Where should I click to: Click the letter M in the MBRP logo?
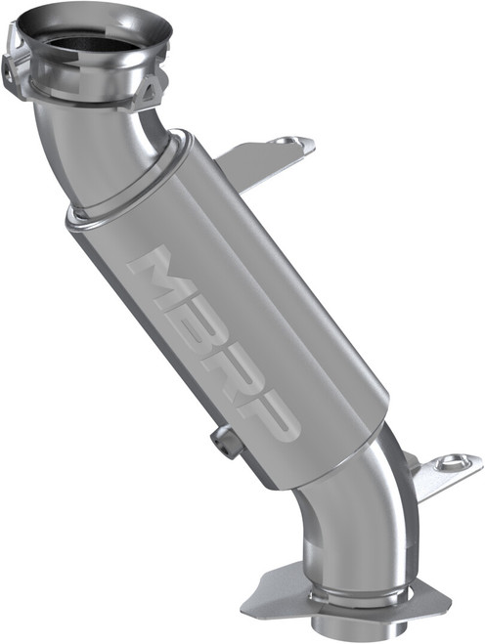159,278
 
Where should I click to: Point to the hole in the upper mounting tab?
285,142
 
